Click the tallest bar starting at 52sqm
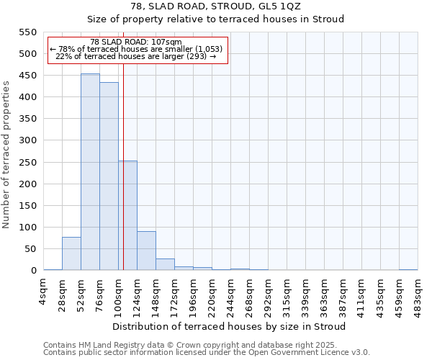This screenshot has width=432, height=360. click(90, 172)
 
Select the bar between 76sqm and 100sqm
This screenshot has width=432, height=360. click(109, 176)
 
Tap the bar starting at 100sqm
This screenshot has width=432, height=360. click(127, 215)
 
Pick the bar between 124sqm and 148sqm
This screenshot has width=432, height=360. click(146, 251)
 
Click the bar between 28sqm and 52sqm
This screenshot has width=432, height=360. click(71, 253)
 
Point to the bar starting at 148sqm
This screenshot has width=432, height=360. click(165, 264)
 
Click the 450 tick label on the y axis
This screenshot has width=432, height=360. click(28, 76)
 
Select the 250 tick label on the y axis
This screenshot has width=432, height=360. click(28, 162)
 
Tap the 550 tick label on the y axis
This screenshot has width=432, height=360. click(28, 32)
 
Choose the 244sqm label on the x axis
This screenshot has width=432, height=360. click(231, 294)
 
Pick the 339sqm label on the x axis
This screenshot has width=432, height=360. click(306, 294)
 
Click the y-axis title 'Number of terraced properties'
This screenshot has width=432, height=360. click(6, 155)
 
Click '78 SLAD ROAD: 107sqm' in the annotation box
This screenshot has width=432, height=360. click(137, 42)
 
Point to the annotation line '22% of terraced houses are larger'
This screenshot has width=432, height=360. click(137, 56)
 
